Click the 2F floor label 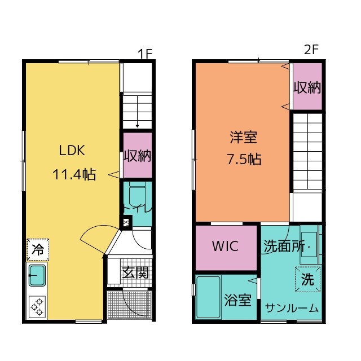pyautogui.click(x=311, y=50)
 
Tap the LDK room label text pyautogui.click(x=72, y=151)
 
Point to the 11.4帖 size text pyautogui.click(x=74, y=174)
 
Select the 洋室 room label pyautogui.click(x=243, y=137)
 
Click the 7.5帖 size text pyautogui.click(x=244, y=160)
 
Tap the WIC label pyautogui.click(x=225, y=246)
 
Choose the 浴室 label pyautogui.click(x=237, y=300)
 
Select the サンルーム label pyautogui.click(x=292, y=309)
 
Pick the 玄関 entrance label pyautogui.click(x=135, y=273)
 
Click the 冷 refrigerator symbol pyautogui.click(x=38, y=249)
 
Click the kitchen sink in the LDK pyautogui.click(x=38, y=276)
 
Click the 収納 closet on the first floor pyautogui.click(x=137, y=156)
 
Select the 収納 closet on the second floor pyautogui.click(x=307, y=87)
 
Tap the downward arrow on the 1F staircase pyautogui.click(x=137, y=121)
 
